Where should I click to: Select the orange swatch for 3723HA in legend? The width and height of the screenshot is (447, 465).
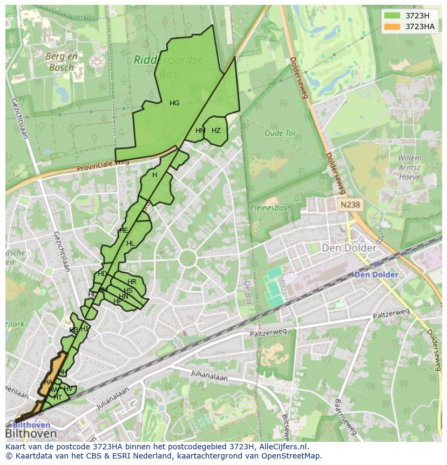point(393,26)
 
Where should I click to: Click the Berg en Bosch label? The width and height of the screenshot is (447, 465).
point(61,62)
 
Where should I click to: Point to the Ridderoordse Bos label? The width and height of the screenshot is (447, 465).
point(168,65)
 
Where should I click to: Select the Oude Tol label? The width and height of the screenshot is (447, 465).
point(280,133)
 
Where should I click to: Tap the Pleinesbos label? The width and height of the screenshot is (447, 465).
point(267,207)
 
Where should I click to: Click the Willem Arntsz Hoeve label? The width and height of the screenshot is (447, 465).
point(409,167)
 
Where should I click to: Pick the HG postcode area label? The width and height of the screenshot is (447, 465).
point(174,103)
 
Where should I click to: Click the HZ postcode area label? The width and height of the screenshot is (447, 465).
point(216,131)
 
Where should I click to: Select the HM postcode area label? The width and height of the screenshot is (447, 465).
point(200,131)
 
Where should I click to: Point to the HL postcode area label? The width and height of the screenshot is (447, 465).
point(130,244)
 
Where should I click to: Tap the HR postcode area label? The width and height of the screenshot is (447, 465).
point(132,282)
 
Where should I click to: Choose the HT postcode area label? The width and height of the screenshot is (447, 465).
point(58,397)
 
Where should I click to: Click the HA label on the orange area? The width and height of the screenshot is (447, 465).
point(48,382)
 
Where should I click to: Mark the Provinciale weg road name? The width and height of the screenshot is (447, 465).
point(103,165)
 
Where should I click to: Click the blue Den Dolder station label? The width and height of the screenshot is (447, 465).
point(376,274)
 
